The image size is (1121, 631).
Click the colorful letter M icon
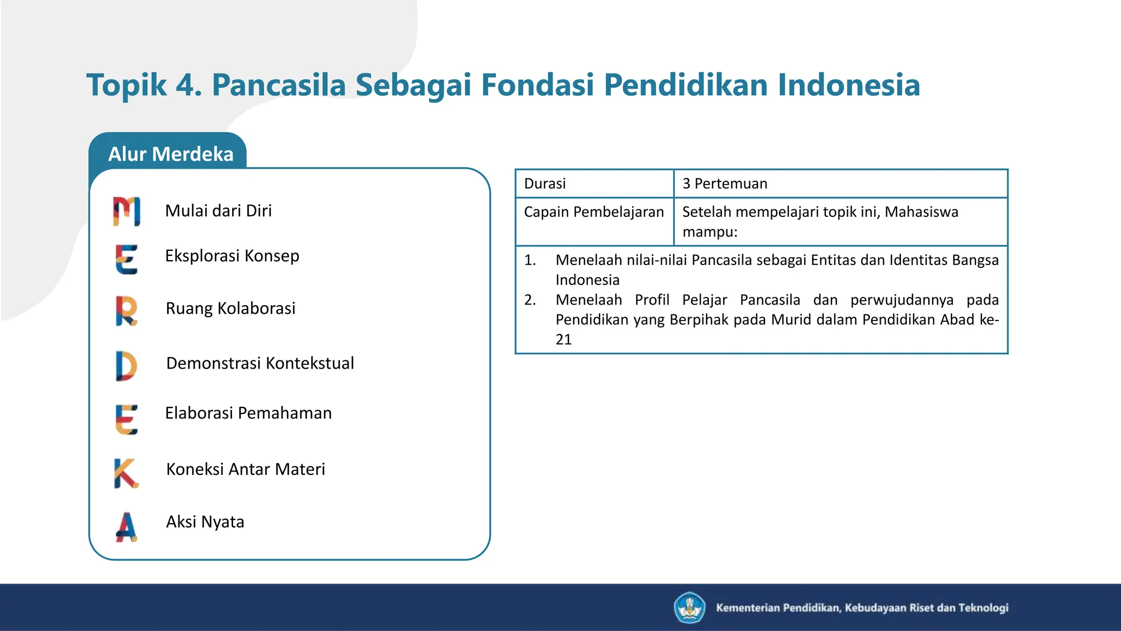coord(126,211)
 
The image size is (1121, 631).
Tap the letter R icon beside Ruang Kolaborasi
coord(126,311)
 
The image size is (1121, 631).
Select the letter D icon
coord(126,366)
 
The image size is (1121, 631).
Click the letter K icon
coord(126,473)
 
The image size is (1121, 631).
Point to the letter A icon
coord(126,526)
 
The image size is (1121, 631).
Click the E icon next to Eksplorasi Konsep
coord(126,259)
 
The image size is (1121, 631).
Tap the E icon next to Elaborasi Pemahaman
coord(126,420)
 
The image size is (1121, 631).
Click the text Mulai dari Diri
coord(218,211)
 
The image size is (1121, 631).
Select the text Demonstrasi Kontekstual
coord(260,363)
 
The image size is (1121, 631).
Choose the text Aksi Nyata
coord(205,522)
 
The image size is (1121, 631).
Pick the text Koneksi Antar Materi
coord(246,469)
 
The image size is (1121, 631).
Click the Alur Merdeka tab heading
coord(170,154)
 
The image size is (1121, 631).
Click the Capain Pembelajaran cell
coord(594,212)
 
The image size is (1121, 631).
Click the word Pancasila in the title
coord(279,85)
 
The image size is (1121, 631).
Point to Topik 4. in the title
coord(144,85)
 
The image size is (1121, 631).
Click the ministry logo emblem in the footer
coord(689,607)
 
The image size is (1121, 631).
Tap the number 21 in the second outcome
coord(564,340)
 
